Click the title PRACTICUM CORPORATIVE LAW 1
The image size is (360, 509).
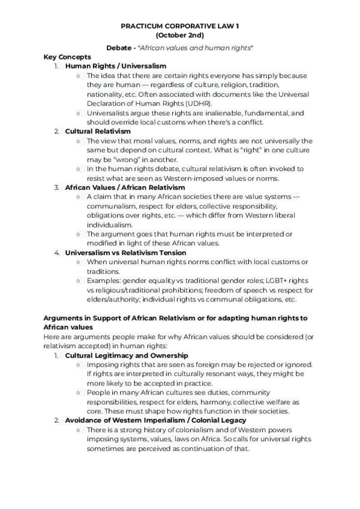point(179,27)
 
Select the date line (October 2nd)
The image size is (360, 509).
point(179,36)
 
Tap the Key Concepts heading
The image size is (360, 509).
point(67,56)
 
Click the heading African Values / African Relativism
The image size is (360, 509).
point(125,188)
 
